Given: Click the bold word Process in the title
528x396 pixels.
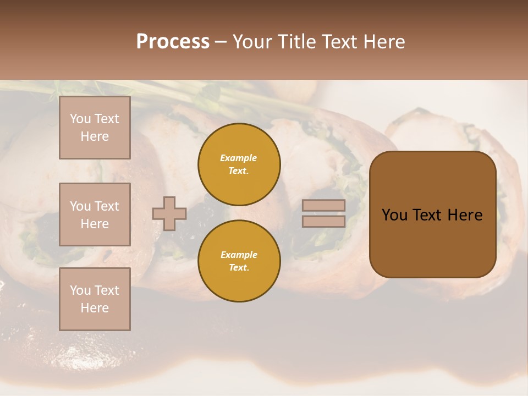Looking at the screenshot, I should pos(173,42).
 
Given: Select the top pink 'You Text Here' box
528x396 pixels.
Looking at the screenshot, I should pos(95,128).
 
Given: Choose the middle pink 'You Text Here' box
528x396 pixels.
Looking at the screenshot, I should pos(95,215).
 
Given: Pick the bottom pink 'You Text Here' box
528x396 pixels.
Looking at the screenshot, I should pos(95,299).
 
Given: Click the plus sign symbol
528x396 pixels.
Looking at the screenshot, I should pos(169,213).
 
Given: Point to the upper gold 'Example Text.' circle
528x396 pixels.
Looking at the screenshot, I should pos(239,164).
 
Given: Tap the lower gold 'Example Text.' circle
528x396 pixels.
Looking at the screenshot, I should pos(239,261).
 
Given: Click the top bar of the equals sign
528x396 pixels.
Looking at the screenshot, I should pos(324,206).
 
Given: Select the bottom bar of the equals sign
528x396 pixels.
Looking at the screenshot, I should pos(324,221).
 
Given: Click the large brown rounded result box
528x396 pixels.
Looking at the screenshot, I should pos(432,215).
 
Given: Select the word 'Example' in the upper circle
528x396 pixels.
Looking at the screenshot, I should pos(239,158).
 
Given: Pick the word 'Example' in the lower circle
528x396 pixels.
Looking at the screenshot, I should pos(239,255).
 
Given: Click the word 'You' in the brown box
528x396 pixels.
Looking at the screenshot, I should pos(394,215).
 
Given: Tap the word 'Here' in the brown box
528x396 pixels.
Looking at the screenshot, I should pos(465,215).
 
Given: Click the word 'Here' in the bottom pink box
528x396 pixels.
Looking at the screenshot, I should pos(95,308).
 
